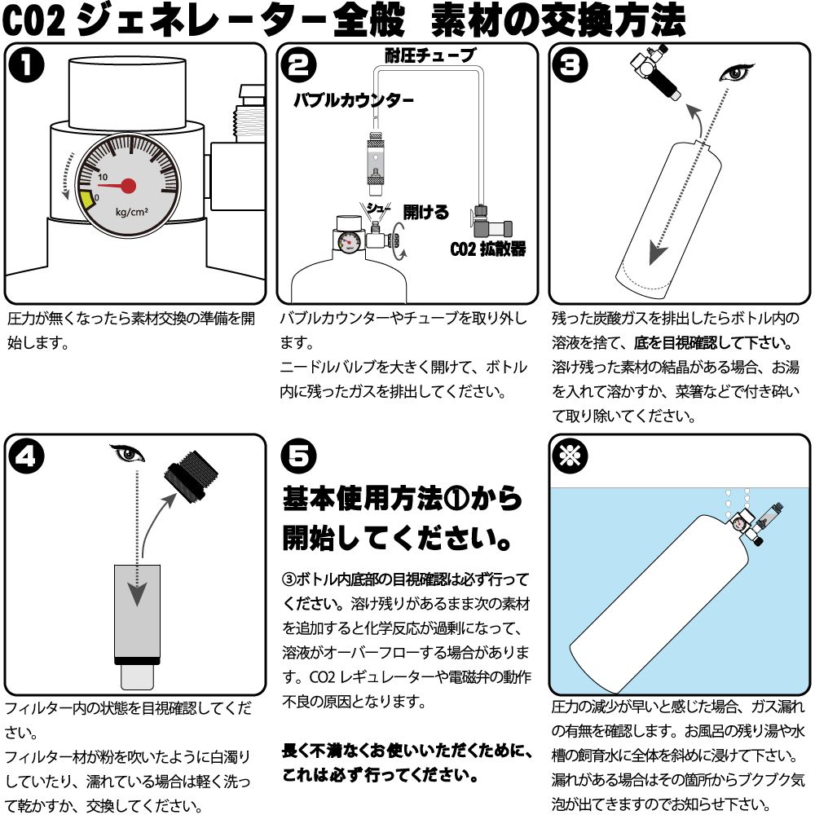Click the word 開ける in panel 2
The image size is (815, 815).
(x=425, y=213)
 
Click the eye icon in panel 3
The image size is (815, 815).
(x=738, y=74)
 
